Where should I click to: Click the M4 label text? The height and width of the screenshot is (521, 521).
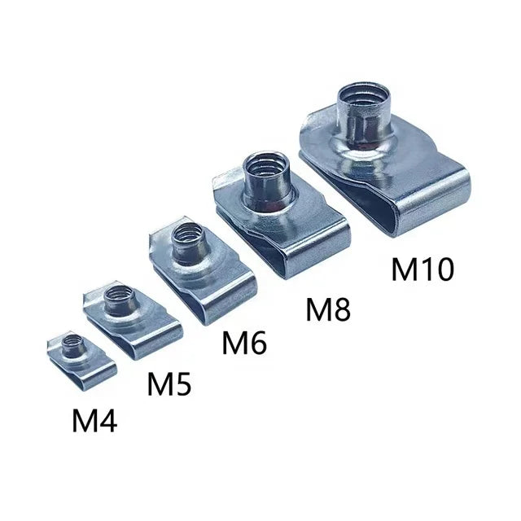(94, 420)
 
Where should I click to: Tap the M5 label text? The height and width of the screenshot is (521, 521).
(169, 384)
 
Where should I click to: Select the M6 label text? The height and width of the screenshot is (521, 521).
(244, 343)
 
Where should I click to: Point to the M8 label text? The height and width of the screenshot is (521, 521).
(328, 310)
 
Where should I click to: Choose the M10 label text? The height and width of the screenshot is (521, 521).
(422, 269)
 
